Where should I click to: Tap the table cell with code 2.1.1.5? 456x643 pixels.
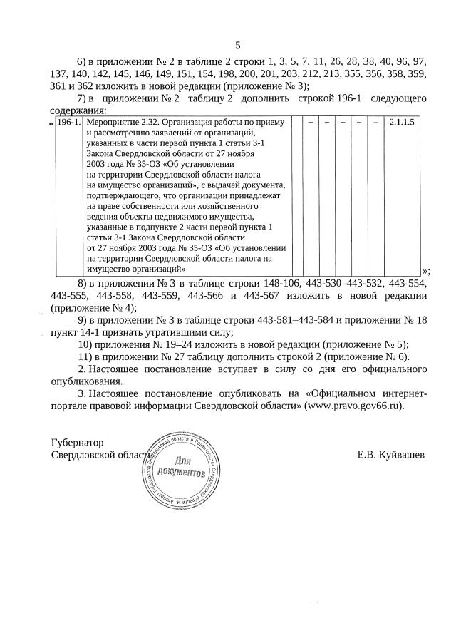coord(402,123)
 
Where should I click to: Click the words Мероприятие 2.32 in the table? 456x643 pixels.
coord(122,123)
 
